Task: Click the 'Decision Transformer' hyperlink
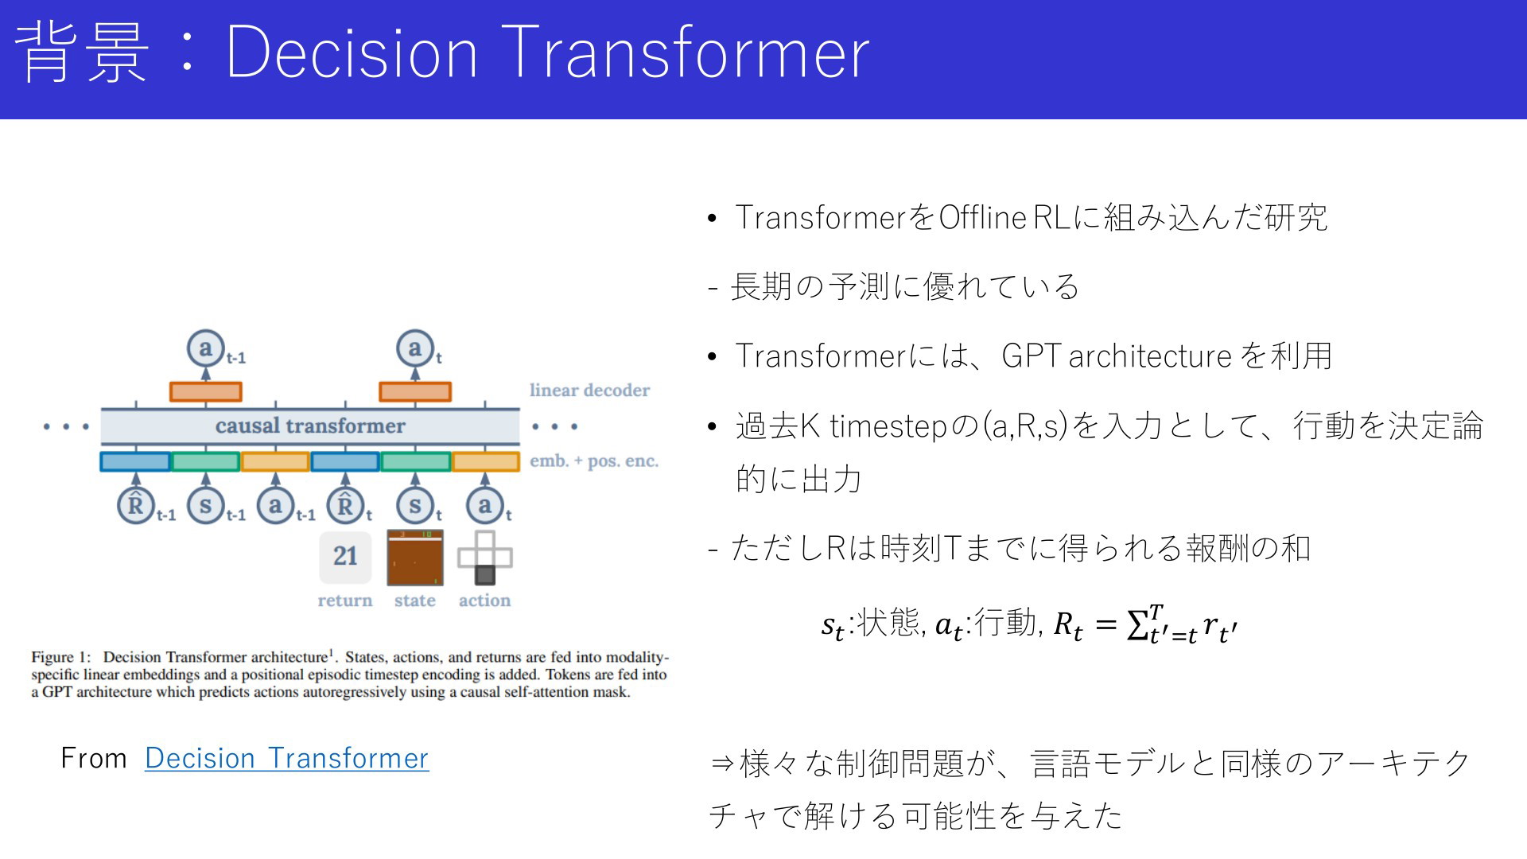(x=286, y=758)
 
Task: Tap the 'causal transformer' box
(x=310, y=426)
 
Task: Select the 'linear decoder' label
(x=589, y=391)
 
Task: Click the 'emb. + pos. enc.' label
(x=594, y=461)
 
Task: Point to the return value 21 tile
(x=345, y=557)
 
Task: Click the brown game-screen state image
(x=415, y=558)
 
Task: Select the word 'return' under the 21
(x=345, y=601)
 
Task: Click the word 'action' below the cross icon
(x=484, y=601)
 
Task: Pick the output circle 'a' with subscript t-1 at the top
(x=205, y=348)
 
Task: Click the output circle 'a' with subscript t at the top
(x=415, y=348)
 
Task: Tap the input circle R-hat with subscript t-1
(x=136, y=505)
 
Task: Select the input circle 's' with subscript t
(x=415, y=505)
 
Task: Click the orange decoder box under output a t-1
(x=205, y=391)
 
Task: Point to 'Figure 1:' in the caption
(x=61, y=658)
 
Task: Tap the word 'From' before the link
(x=94, y=759)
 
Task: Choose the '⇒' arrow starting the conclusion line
(x=721, y=764)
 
